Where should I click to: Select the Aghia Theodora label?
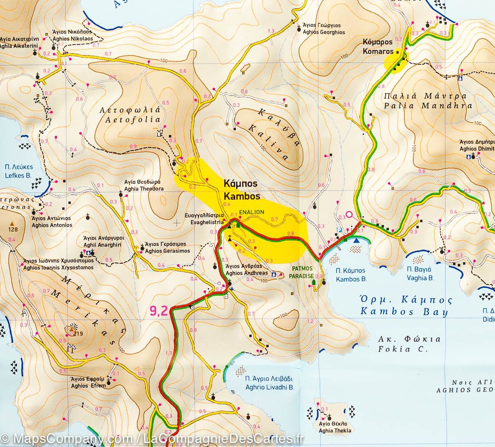point(144,185)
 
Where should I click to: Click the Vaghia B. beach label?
point(420,274)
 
